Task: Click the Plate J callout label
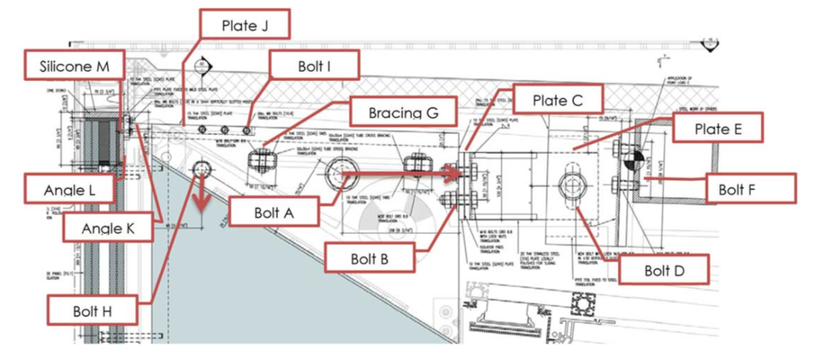pyautogui.click(x=244, y=24)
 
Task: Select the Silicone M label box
pyautogui.click(x=75, y=67)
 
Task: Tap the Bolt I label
pyautogui.click(x=313, y=66)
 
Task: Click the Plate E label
pyautogui.click(x=717, y=129)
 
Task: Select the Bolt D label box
pyautogui.click(x=662, y=269)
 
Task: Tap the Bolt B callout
pyautogui.click(x=369, y=257)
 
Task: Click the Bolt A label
pyautogui.click(x=273, y=211)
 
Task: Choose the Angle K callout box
pyautogui.click(x=107, y=227)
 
